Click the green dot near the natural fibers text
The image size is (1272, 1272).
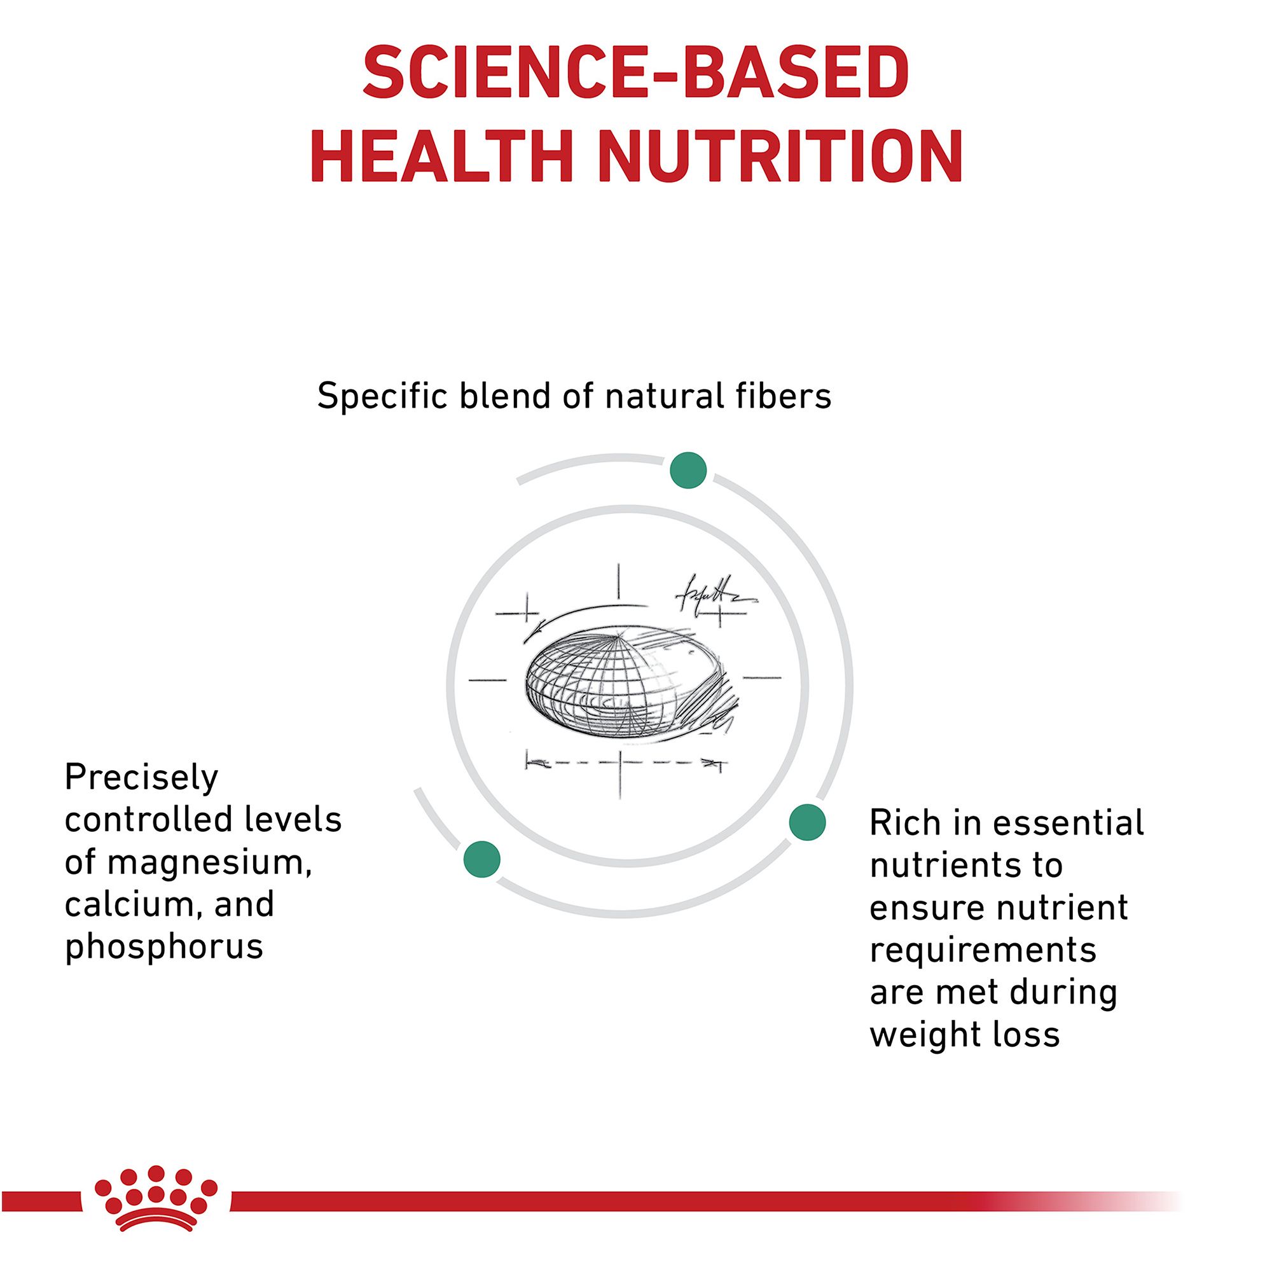pyautogui.click(x=688, y=470)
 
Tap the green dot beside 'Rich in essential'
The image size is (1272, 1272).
pyautogui.click(x=807, y=822)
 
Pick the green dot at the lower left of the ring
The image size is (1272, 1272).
pyautogui.click(x=482, y=859)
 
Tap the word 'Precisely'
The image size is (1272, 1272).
pyautogui.click(x=141, y=778)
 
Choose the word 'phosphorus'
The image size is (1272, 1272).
pyautogui.click(x=164, y=948)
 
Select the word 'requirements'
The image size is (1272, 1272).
pyautogui.click(x=983, y=951)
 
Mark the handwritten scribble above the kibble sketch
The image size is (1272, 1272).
pyautogui.click(x=714, y=596)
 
